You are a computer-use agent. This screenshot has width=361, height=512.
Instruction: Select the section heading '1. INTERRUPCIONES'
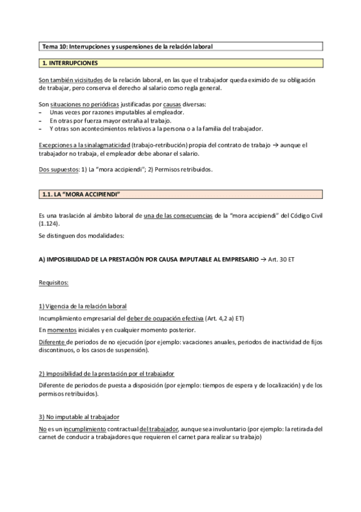pos(69,63)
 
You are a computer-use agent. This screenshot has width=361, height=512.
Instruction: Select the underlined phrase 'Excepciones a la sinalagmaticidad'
pos(83,145)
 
